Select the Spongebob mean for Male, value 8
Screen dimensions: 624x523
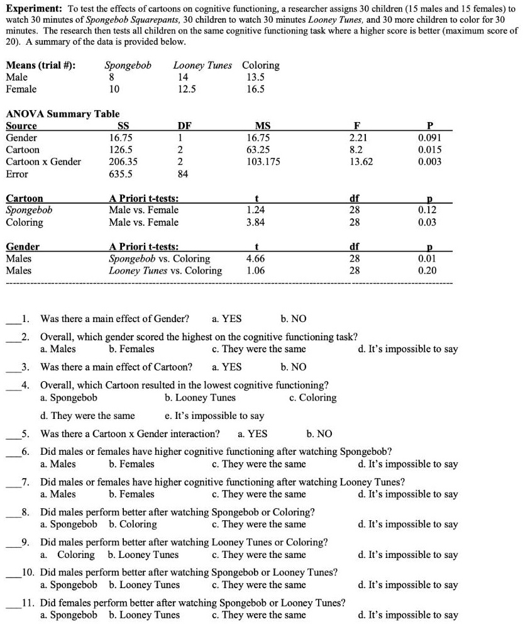click(x=111, y=77)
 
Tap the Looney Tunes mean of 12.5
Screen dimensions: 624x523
click(x=187, y=89)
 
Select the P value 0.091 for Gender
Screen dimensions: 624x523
click(x=429, y=138)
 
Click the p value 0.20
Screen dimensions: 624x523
click(x=427, y=270)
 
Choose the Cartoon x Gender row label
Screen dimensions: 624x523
click(x=43, y=162)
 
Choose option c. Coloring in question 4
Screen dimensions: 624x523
click(x=312, y=398)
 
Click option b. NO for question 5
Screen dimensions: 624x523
click(x=319, y=433)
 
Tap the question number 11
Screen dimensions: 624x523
click(x=28, y=603)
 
